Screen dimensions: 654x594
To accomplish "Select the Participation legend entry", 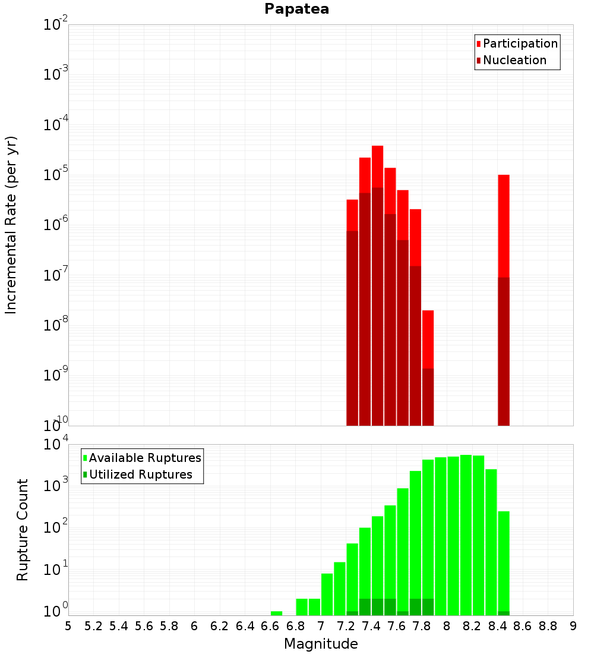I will click(x=520, y=43).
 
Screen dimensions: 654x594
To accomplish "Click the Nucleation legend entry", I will click(x=514, y=60).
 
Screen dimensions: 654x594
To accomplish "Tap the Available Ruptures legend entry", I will click(x=145, y=458).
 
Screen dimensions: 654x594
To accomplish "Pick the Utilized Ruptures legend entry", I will click(x=140, y=474).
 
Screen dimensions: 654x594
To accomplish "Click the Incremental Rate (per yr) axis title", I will click(x=11, y=225).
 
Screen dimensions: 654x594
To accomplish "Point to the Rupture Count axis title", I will click(x=23, y=530).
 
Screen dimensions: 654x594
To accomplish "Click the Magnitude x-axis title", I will click(x=321, y=644).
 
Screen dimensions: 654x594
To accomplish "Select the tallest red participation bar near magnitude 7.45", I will click(x=377, y=166).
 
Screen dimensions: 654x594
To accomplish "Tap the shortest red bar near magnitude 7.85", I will click(x=428, y=339).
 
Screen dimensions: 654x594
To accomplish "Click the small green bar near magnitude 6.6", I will click(x=276, y=613).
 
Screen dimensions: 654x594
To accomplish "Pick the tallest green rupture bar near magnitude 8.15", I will click(x=466, y=535).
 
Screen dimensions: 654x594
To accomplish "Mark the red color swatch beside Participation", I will click(x=478, y=44).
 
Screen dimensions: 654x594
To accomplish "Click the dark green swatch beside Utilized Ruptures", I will click(x=85, y=474).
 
